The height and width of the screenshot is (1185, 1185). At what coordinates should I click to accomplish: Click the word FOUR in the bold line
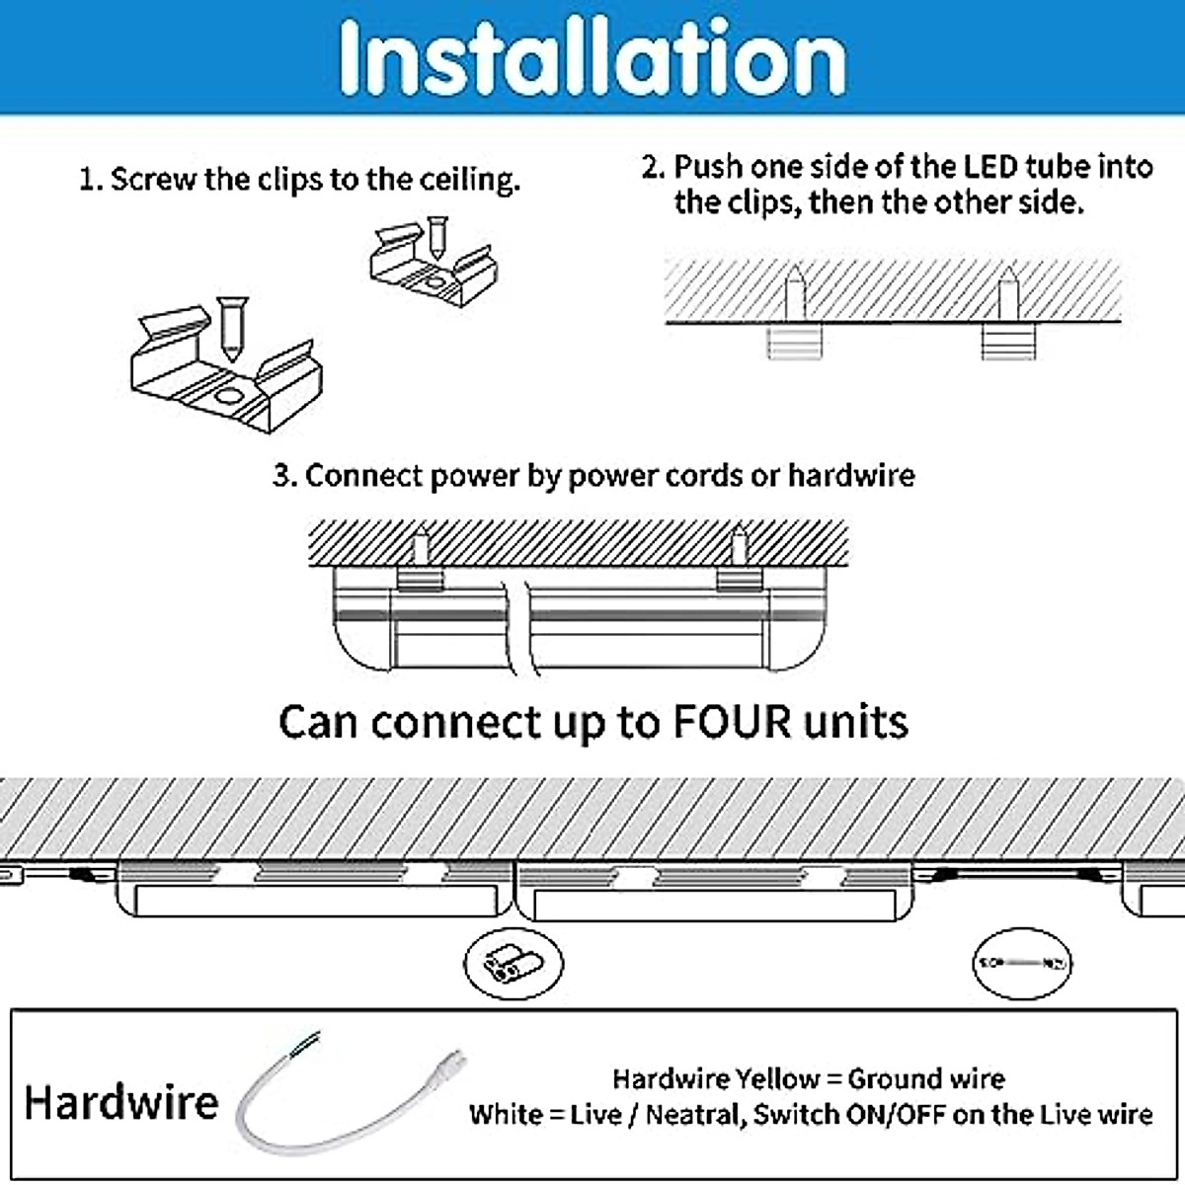coord(732,722)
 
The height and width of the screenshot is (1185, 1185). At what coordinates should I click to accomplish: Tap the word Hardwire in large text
coord(120,1102)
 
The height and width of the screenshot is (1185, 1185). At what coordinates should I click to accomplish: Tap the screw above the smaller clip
coord(436,237)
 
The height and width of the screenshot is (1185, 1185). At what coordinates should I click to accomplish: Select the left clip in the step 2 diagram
coord(795,343)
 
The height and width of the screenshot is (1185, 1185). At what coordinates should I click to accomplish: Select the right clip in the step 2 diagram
coord(1007,343)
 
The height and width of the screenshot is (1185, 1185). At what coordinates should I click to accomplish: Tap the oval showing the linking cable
coord(1022,962)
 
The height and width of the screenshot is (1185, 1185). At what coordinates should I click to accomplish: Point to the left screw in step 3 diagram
coord(422,546)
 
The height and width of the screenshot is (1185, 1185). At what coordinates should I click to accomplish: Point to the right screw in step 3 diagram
coord(737,546)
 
